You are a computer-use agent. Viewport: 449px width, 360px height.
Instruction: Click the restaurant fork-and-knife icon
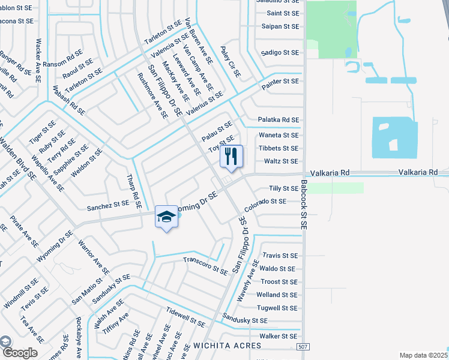231,157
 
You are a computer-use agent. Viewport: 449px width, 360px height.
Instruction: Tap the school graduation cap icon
166,217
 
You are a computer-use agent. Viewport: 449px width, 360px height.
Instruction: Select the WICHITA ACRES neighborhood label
228,346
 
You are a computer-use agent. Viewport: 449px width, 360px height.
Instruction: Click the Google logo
19,353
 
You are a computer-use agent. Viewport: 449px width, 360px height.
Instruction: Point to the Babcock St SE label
304,204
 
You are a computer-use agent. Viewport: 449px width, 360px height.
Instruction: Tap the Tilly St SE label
283,188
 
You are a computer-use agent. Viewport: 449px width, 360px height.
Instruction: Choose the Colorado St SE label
265,202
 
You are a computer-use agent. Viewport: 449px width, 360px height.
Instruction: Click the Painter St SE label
280,80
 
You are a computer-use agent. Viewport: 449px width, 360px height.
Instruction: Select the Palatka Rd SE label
278,120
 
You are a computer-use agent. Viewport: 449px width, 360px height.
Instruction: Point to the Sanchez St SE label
108,204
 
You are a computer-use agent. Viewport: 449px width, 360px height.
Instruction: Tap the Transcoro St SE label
205,265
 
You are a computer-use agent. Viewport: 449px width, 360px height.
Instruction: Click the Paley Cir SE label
230,62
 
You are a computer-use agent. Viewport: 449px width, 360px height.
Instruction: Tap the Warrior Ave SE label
93,257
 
